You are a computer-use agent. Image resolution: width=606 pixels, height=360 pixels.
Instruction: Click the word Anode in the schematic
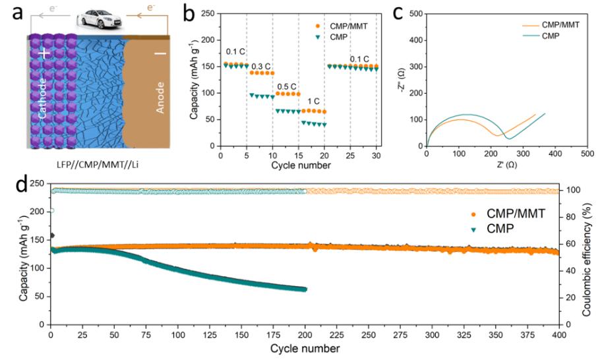pyautogui.click(x=160, y=98)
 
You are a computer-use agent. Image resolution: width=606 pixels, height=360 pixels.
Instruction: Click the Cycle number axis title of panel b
pyautogui.click(x=300, y=165)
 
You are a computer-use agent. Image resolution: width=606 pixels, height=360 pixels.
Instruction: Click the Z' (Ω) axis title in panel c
pyautogui.click(x=506, y=165)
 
